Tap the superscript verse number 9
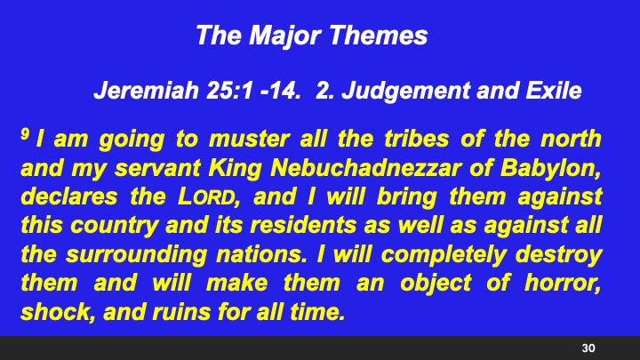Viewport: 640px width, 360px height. [x=25, y=135]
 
